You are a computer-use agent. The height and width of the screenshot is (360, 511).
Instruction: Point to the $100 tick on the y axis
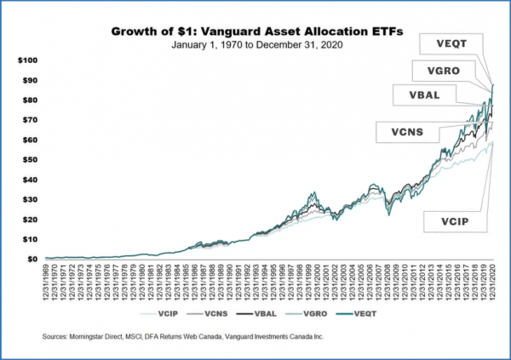29,60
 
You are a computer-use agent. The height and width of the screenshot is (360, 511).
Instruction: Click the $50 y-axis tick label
31,159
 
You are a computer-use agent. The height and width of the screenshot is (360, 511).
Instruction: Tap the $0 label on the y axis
33,258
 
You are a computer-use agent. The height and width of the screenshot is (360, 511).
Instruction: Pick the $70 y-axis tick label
31,120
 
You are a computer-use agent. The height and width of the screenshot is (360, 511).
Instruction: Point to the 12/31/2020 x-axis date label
493,281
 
